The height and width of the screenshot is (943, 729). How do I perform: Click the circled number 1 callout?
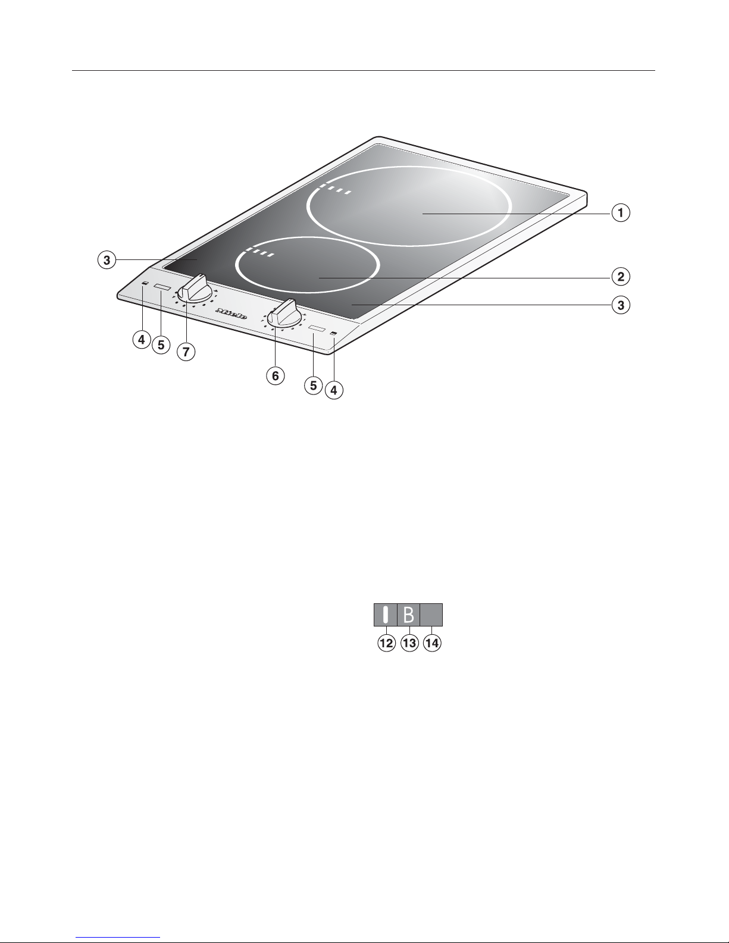point(621,212)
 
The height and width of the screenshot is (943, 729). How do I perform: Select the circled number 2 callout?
point(621,277)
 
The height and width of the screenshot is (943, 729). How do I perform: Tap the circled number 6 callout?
point(275,376)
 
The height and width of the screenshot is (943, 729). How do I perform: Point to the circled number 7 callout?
point(186,352)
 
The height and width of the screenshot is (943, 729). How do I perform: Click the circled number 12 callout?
point(387,643)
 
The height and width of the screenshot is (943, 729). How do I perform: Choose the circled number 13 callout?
point(409,643)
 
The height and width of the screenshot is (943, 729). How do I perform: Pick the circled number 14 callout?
point(431,643)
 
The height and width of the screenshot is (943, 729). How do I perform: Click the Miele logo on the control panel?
point(232,313)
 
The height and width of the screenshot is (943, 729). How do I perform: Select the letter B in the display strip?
point(409,615)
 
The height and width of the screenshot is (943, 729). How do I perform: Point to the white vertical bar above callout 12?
point(386,615)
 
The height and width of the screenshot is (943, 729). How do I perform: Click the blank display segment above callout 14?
point(431,615)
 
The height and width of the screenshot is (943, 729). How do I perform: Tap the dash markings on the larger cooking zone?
point(334,190)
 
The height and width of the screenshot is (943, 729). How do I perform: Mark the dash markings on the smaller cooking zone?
point(260,254)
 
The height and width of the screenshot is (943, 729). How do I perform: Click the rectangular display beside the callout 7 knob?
point(162,289)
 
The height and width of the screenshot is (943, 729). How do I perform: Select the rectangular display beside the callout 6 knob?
point(317,329)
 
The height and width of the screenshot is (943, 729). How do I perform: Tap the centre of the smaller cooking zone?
point(307,265)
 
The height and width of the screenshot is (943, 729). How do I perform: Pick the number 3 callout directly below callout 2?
point(621,306)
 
